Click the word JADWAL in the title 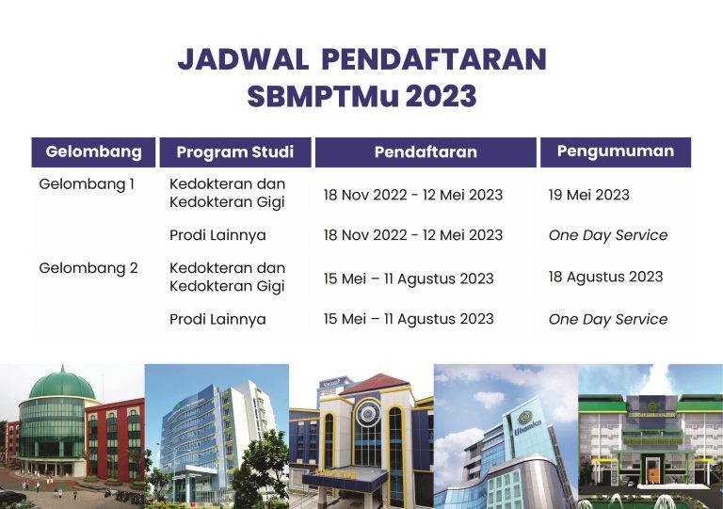pos(243,59)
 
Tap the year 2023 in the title pos(442,96)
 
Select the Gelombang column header pos(93,152)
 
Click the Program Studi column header pos(235,152)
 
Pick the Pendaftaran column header pos(426,152)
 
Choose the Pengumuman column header pos(616,152)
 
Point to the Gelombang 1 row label pos(87,184)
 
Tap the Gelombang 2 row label pos(88,268)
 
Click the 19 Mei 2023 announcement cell pos(588,195)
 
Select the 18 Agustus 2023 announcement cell pos(606,277)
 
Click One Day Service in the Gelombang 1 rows pos(608,235)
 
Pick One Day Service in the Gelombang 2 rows pos(608,319)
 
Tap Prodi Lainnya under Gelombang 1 pos(217,235)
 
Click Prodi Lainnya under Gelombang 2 pos(217,319)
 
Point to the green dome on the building pos(62,384)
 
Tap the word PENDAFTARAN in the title pos(434,59)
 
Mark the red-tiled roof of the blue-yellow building pos(377,384)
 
